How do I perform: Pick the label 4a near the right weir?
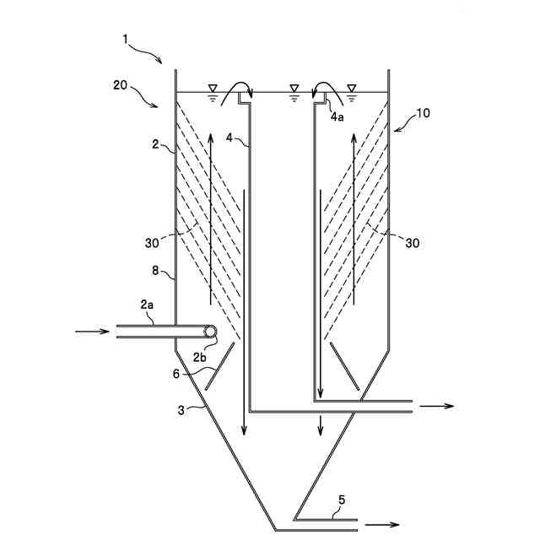[x=337, y=116]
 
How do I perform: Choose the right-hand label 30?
[x=413, y=242]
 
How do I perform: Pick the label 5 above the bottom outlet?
[x=341, y=499]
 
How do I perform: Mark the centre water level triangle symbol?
[x=294, y=88]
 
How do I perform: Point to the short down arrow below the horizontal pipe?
[x=320, y=425]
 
